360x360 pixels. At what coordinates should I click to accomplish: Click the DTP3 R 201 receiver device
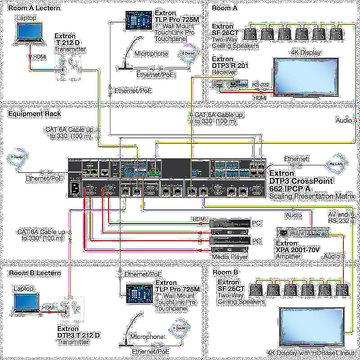230,84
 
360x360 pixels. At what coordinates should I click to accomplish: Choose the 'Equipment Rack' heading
35,114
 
